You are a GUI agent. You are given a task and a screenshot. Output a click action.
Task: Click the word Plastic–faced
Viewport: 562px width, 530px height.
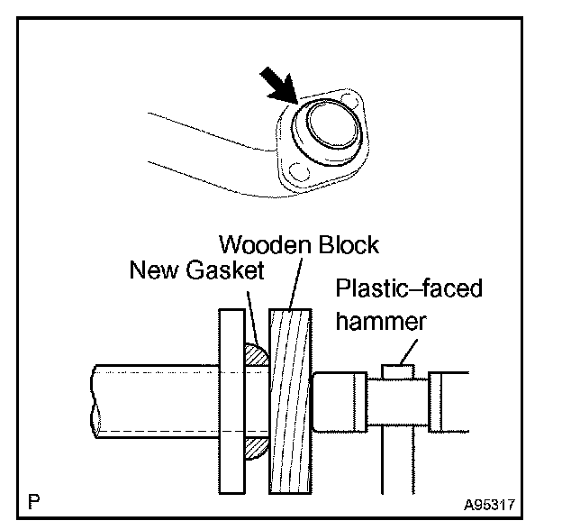tap(408, 288)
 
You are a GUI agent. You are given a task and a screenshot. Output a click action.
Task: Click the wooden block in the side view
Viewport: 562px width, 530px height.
tap(290, 400)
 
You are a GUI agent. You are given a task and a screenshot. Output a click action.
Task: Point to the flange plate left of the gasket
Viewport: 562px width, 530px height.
tap(231, 400)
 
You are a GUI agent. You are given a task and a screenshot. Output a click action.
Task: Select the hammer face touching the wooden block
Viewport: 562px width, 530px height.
tap(334, 403)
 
